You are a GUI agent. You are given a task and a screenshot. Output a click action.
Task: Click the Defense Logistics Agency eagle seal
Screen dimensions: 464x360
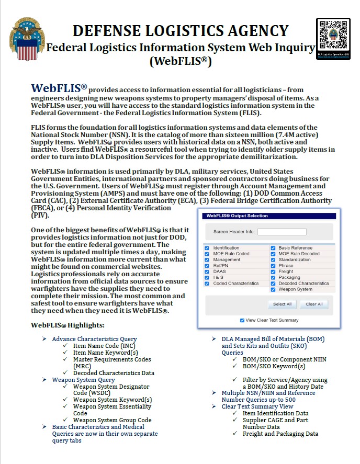[27, 38]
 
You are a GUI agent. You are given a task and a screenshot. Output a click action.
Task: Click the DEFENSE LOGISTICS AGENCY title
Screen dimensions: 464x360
[180, 31]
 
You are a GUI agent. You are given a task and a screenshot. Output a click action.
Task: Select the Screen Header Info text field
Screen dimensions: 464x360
[282, 231]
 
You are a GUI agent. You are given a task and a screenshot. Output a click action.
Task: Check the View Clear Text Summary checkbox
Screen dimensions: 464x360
[242, 320]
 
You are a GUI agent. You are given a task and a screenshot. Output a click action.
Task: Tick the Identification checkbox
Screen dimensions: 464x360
[207, 248]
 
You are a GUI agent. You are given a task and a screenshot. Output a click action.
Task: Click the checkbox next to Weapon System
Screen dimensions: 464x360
[273, 289]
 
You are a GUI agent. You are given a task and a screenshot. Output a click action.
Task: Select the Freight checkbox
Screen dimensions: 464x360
[273, 271]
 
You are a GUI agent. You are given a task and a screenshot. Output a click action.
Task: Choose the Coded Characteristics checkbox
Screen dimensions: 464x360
[207, 284]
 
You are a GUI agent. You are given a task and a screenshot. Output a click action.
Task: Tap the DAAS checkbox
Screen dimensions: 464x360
[207, 271]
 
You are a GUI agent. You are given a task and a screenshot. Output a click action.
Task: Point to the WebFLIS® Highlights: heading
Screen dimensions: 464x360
[67, 325]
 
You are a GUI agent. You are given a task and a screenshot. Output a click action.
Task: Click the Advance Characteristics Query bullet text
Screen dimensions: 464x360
[94, 339]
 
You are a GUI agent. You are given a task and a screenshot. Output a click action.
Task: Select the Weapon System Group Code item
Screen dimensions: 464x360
[112, 420]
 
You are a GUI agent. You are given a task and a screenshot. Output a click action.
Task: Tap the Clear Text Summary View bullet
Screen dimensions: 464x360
[257, 406]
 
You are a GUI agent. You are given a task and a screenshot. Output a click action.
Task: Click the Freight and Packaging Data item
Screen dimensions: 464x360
[280, 434]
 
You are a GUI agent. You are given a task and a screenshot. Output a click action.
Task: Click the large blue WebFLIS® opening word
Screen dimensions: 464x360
[59, 87]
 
